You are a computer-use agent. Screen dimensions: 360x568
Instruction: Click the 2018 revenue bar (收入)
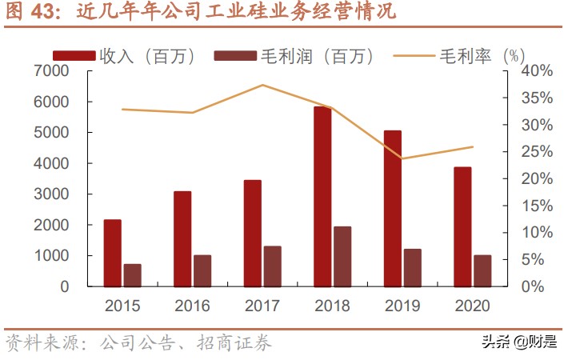click(x=322, y=196)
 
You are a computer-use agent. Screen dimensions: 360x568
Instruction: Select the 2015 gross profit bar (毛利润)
click(x=132, y=274)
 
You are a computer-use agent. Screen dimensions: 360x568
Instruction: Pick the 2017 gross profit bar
click(x=272, y=266)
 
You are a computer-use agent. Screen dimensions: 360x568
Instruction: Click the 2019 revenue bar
click(x=392, y=208)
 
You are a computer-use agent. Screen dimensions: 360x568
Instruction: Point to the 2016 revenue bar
click(x=182, y=238)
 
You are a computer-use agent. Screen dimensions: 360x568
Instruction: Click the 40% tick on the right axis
click(x=534, y=71)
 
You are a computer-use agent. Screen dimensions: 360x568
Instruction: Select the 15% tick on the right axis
click(x=534, y=206)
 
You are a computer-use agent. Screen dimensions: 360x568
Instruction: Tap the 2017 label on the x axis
click(x=262, y=306)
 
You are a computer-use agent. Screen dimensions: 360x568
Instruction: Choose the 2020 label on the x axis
click(x=472, y=306)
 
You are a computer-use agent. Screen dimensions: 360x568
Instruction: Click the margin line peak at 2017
click(x=262, y=85)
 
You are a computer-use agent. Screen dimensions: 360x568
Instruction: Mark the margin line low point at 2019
click(x=402, y=158)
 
